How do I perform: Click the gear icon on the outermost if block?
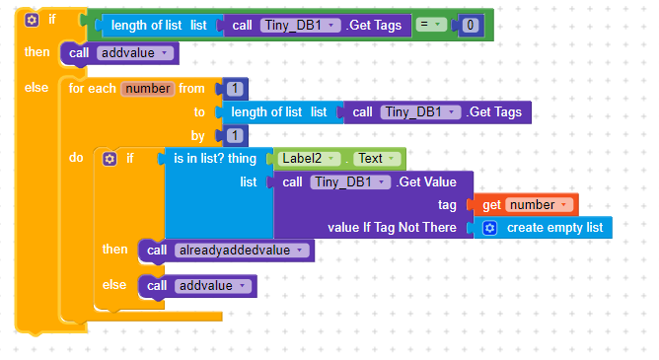point(32,19)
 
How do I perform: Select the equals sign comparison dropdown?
point(431,24)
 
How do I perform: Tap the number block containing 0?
point(473,25)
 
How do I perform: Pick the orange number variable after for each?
point(148,88)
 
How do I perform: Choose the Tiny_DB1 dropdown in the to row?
point(420,111)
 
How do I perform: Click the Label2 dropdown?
point(310,158)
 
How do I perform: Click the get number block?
point(527,204)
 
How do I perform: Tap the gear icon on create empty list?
point(489,228)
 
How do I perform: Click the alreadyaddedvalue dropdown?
point(241,250)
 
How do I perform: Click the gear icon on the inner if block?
point(110,158)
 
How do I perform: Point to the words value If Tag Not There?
point(392,228)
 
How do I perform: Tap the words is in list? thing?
point(215,158)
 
